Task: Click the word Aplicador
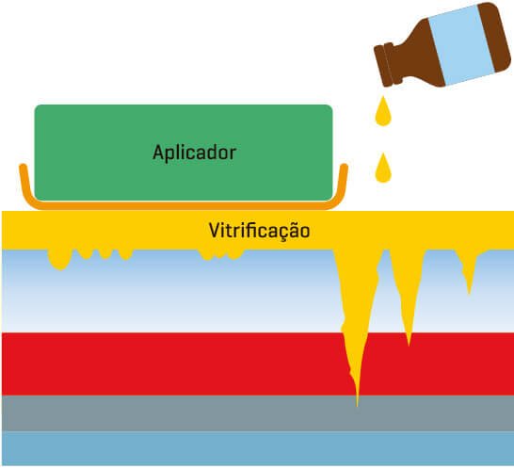(x=194, y=153)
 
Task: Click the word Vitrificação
(x=259, y=231)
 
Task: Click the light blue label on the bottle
(x=460, y=45)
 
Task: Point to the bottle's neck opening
(x=384, y=66)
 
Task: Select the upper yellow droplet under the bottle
(x=383, y=111)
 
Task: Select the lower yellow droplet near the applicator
(x=383, y=168)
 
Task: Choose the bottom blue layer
(x=257, y=448)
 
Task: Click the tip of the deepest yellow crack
(x=358, y=406)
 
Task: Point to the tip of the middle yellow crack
(x=409, y=345)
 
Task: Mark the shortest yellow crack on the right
(x=468, y=270)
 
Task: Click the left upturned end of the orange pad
(x=23, y=168)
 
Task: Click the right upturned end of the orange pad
(x=344, y=168)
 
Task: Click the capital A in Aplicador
(x=158, y=153)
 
